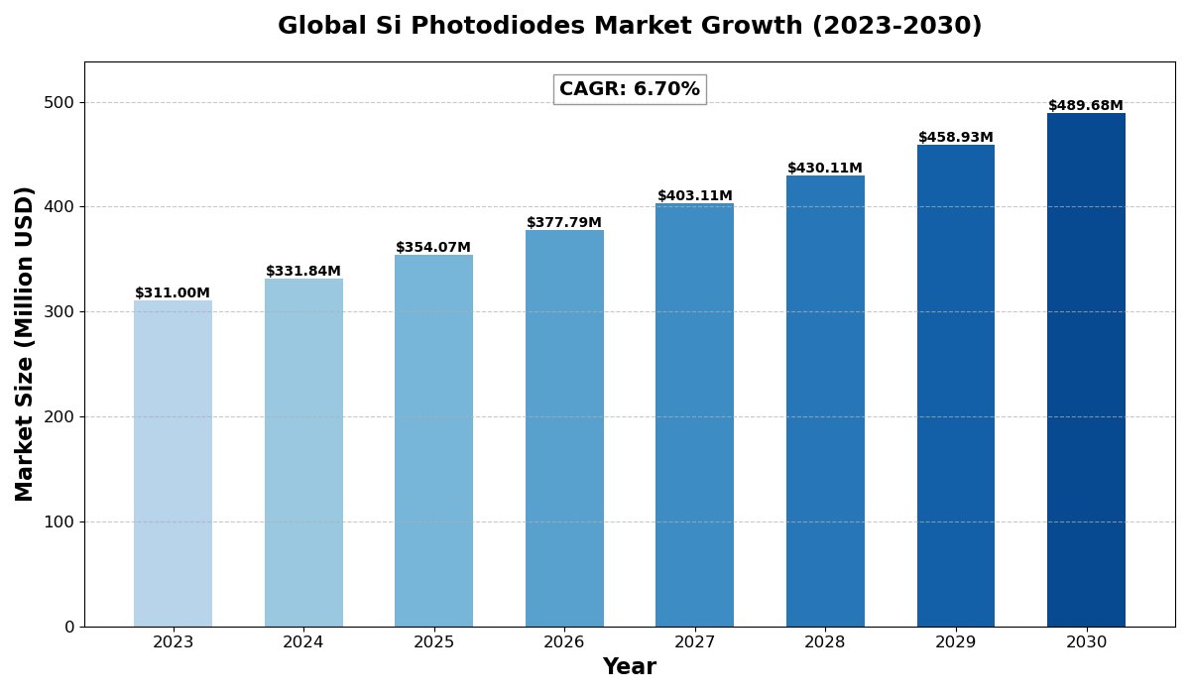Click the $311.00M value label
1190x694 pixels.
173,293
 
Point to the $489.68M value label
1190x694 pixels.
1086,106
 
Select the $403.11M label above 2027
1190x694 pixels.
694,196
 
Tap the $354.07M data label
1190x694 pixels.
433,248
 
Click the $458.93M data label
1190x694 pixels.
955,138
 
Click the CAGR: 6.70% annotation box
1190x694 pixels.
630,89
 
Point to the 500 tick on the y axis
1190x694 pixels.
59,103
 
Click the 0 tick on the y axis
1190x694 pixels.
68,627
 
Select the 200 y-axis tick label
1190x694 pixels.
59,417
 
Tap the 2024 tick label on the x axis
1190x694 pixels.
303,642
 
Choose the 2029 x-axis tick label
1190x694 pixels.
955,642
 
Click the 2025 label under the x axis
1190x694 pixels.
433,642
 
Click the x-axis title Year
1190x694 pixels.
630,667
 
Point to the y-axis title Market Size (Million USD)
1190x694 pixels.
25,343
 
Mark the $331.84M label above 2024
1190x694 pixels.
303,272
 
